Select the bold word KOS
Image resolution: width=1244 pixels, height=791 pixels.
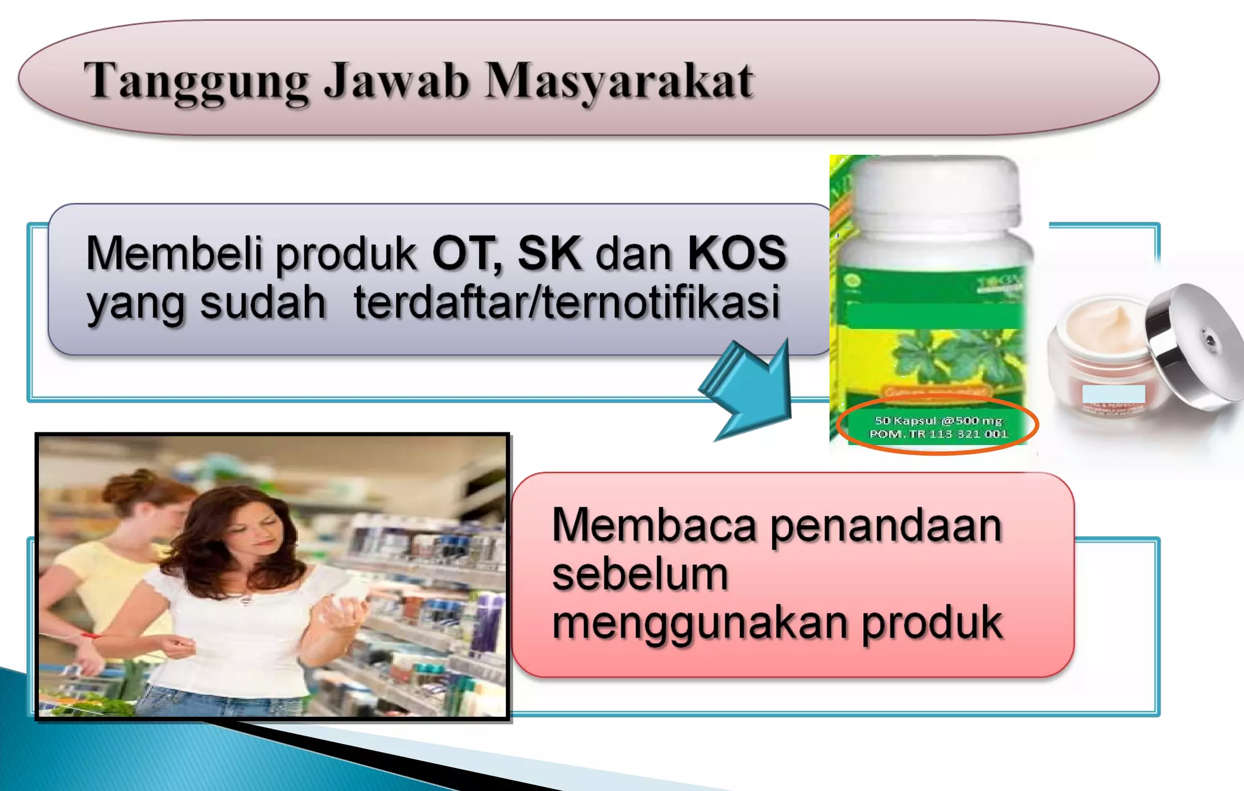pyautogui.click(x=737, y=252)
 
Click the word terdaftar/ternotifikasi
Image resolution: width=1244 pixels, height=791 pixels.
pyautogui.click(x=567, y=302)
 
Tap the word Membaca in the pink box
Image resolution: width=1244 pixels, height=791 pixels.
pyautogui.click(x=654, y=525)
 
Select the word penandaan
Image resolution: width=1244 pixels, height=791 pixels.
pyautogui.click(x=886, y=525)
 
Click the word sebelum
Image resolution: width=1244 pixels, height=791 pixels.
pyautogui.click(x=640, y=575)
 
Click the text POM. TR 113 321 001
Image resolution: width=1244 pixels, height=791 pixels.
pyautogui.click(x=938, y=434)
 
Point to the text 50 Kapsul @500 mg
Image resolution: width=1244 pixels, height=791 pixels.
pyautogui.click(x=938, y=420)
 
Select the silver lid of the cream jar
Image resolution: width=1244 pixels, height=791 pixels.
pyautogui.click(x=1194, y=347)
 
